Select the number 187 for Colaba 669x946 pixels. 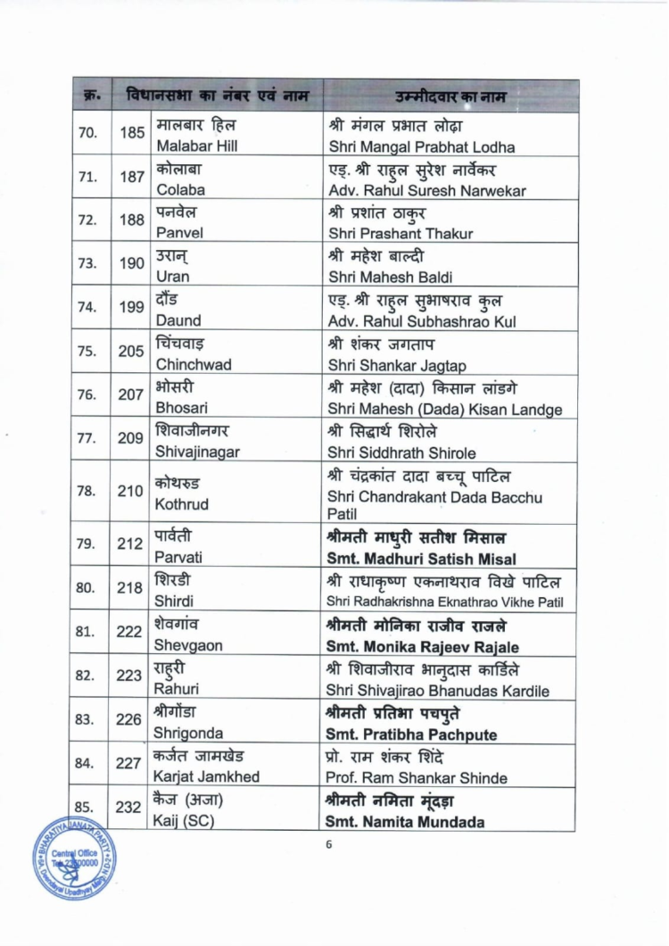tap(132, 177)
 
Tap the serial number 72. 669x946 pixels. tap(87, 220)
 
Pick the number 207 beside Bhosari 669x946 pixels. tap(132, 394)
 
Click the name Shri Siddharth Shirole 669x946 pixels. tap(401, 452)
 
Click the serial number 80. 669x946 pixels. tap(87, 588)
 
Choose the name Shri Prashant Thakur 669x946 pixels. tap(401, 233)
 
